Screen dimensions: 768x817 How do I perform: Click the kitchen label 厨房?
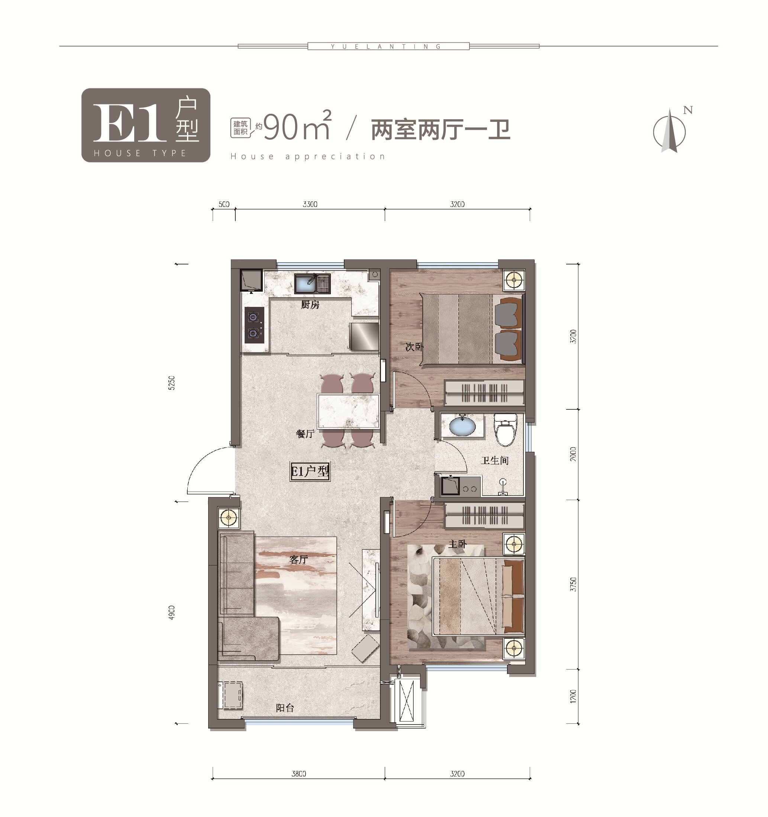(x=310, y=305)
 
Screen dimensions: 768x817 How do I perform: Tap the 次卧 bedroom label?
(x=414, y=346)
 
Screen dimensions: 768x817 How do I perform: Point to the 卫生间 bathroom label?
(x=495, y=460)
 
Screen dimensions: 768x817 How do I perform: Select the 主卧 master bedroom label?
(x=458, y=544)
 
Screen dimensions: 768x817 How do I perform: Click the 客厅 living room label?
(x=299, y=559)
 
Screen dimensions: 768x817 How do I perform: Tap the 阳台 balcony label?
(x=285, y=708)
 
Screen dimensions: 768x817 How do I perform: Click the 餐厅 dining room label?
(x=306, y=434)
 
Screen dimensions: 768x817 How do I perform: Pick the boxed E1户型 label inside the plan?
(x=310, y=471)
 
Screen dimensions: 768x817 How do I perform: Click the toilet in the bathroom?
(x=505, y=429)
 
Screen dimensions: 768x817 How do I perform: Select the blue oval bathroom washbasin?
(x=462, y=426)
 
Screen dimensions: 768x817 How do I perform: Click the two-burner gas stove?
(x=255, y=325)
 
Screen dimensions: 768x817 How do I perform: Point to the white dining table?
(x=349, y=411)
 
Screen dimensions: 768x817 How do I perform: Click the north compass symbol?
(x=670, y=131)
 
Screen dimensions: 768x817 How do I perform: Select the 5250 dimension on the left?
(x=171, y=383)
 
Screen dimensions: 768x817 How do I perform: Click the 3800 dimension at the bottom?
(x=299, y=774)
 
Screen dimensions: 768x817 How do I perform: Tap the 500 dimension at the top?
(x=224, y=204)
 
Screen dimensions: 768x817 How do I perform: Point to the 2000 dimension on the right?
(x=573, y=454)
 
